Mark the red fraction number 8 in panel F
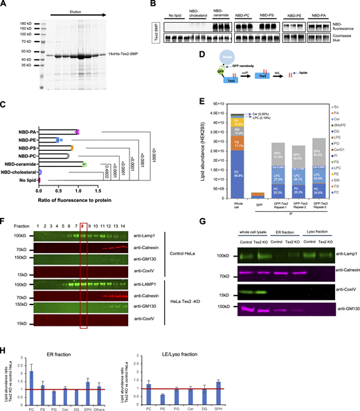83,226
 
